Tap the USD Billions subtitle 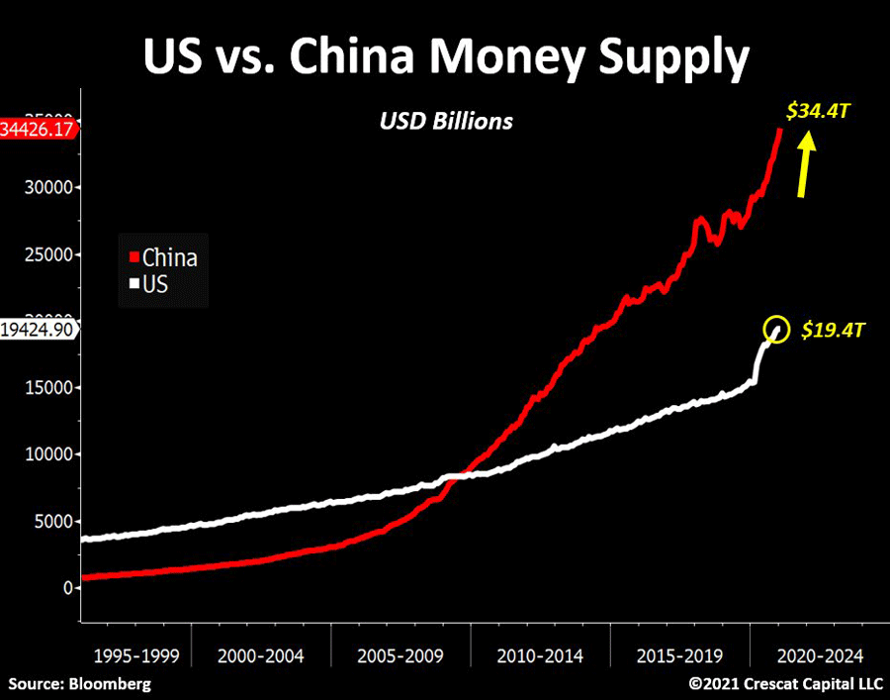[447, 122]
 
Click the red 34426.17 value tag [38, 130]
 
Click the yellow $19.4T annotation [831, 330]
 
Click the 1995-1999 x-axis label [136, 655]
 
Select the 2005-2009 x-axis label [400, 655]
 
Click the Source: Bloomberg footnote [81, 683]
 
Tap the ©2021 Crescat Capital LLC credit [786, 683]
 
